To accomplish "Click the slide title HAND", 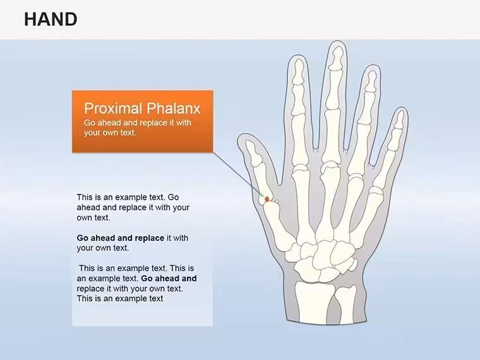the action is point(51,20).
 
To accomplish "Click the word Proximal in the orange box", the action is point(113,109).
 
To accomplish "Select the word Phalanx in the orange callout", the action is point(173,109).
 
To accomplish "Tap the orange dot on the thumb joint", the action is point(267,200).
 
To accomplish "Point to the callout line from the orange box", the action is point(239,174).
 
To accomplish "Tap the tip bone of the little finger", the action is point(400,120).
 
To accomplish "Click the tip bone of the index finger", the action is point(298,71).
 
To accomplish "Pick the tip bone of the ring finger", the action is point(371,81).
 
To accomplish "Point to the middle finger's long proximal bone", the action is point(331,137).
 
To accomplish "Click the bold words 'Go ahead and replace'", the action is point(120,238).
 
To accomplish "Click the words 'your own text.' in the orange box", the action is point(110,133).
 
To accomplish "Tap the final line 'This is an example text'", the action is point(120,299).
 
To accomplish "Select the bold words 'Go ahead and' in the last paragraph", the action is point(169,279).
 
